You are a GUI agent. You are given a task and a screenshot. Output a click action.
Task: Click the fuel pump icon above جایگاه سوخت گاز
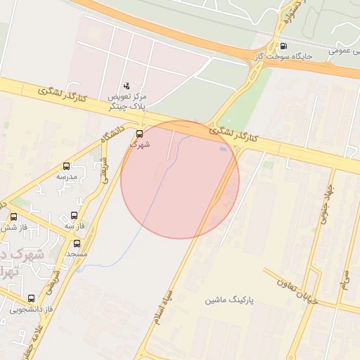coord(283,46)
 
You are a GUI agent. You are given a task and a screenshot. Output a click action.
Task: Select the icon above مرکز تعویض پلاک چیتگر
coord(127,85)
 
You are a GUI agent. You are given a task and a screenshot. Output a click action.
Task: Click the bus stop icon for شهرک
coord(139,133)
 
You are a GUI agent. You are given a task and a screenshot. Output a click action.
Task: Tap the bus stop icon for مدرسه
coord(67,167)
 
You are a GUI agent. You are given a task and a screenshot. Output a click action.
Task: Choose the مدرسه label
coord(70,178)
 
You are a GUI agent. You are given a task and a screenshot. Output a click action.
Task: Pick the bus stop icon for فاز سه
coord(74,216)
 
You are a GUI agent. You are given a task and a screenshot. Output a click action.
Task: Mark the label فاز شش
coord(12,227)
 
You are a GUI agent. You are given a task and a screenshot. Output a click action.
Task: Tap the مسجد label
coord(77,252)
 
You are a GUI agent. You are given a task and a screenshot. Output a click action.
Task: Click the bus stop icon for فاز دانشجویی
coord(31,299)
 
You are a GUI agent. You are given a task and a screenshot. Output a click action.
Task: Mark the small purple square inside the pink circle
coord(224,149)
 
